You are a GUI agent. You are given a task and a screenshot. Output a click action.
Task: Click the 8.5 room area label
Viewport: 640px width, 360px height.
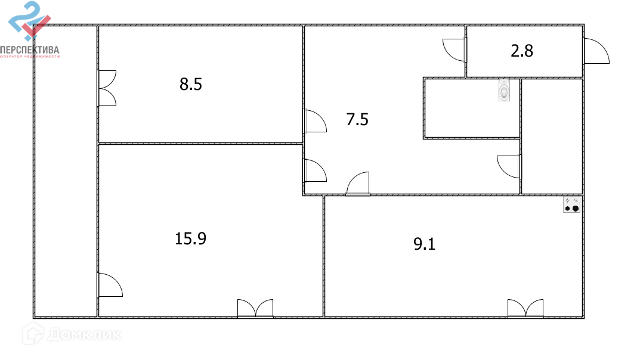pos(191,85)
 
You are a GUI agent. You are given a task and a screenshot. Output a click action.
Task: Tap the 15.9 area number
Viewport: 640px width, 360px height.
pos(190,239)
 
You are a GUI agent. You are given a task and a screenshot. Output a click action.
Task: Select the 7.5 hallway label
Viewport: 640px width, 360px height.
pos(357,120)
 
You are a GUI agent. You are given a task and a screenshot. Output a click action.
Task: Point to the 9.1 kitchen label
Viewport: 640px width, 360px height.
pos(424,244)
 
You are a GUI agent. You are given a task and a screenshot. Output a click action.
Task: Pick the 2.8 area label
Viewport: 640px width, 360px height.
pos(522,51)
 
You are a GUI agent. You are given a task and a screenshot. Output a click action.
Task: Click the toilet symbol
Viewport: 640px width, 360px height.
pos(505,91)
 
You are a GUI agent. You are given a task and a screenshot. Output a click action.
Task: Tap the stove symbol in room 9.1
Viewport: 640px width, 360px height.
pos(572,204)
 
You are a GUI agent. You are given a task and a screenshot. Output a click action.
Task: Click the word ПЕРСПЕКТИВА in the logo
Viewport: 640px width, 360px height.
pos(30,50)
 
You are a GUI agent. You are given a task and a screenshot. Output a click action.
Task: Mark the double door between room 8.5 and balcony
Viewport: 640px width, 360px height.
pos(107,88)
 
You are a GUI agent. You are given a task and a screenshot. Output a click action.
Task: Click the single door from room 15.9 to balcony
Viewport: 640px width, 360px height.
pos(110,285)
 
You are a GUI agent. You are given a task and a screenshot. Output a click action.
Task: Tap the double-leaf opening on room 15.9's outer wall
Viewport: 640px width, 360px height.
pos(255,309)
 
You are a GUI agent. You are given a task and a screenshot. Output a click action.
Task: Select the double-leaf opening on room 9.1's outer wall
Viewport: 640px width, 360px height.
pos(525,309)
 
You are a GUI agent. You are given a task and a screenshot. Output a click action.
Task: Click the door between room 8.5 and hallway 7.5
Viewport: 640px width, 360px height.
pos(314,121)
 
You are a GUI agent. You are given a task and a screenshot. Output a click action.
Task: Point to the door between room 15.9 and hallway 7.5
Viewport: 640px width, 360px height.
pos(314,170)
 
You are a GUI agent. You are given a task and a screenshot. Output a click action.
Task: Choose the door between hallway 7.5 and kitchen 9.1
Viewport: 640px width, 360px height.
pos(358,184)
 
